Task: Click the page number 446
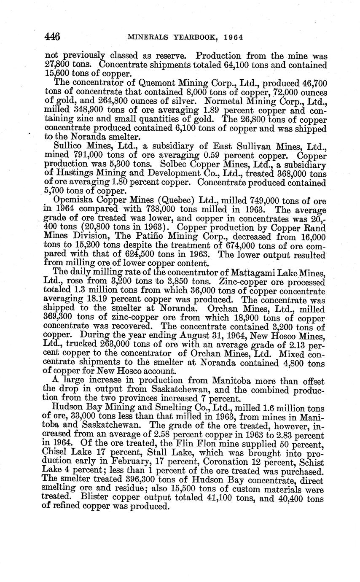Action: [53, 37]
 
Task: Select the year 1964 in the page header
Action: [234, 38]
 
